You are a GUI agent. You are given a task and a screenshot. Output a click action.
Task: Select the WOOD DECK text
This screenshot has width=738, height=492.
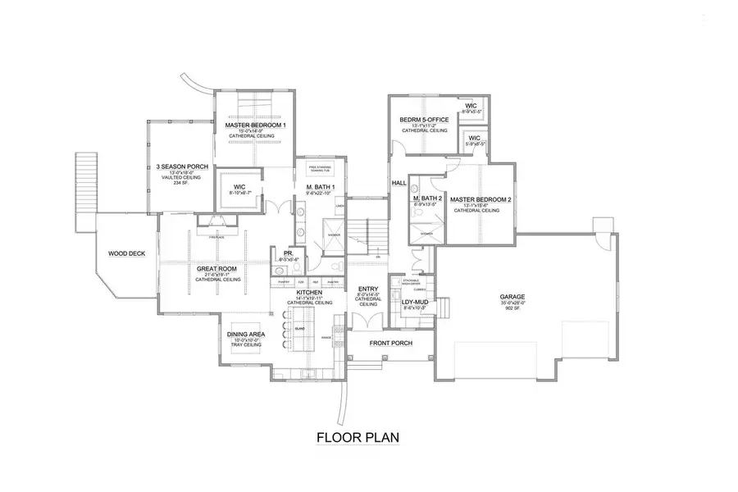[x=126, y=253]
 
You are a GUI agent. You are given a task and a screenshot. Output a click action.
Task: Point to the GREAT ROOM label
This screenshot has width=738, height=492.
[x=217, y=268]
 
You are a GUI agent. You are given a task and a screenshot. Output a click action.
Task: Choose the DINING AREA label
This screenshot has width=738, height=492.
[x=246, y=335]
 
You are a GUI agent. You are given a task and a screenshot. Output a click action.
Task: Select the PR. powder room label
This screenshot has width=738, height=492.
[x=288, y=253]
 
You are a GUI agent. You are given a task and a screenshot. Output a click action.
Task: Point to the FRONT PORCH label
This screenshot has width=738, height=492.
[x=390, y=343]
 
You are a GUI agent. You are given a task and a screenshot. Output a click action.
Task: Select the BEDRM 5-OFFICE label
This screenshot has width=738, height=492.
[x=423, y=120]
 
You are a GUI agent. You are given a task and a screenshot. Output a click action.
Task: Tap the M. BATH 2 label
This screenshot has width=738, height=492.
[x=427, y=199]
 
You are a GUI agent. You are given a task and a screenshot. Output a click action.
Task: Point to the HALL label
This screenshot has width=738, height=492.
[x=399, y=183]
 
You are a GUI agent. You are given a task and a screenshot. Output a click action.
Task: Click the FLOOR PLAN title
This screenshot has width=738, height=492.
[x=358, y=437]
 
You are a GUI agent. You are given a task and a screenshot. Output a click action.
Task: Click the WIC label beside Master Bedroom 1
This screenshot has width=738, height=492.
[x=239, y=186]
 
